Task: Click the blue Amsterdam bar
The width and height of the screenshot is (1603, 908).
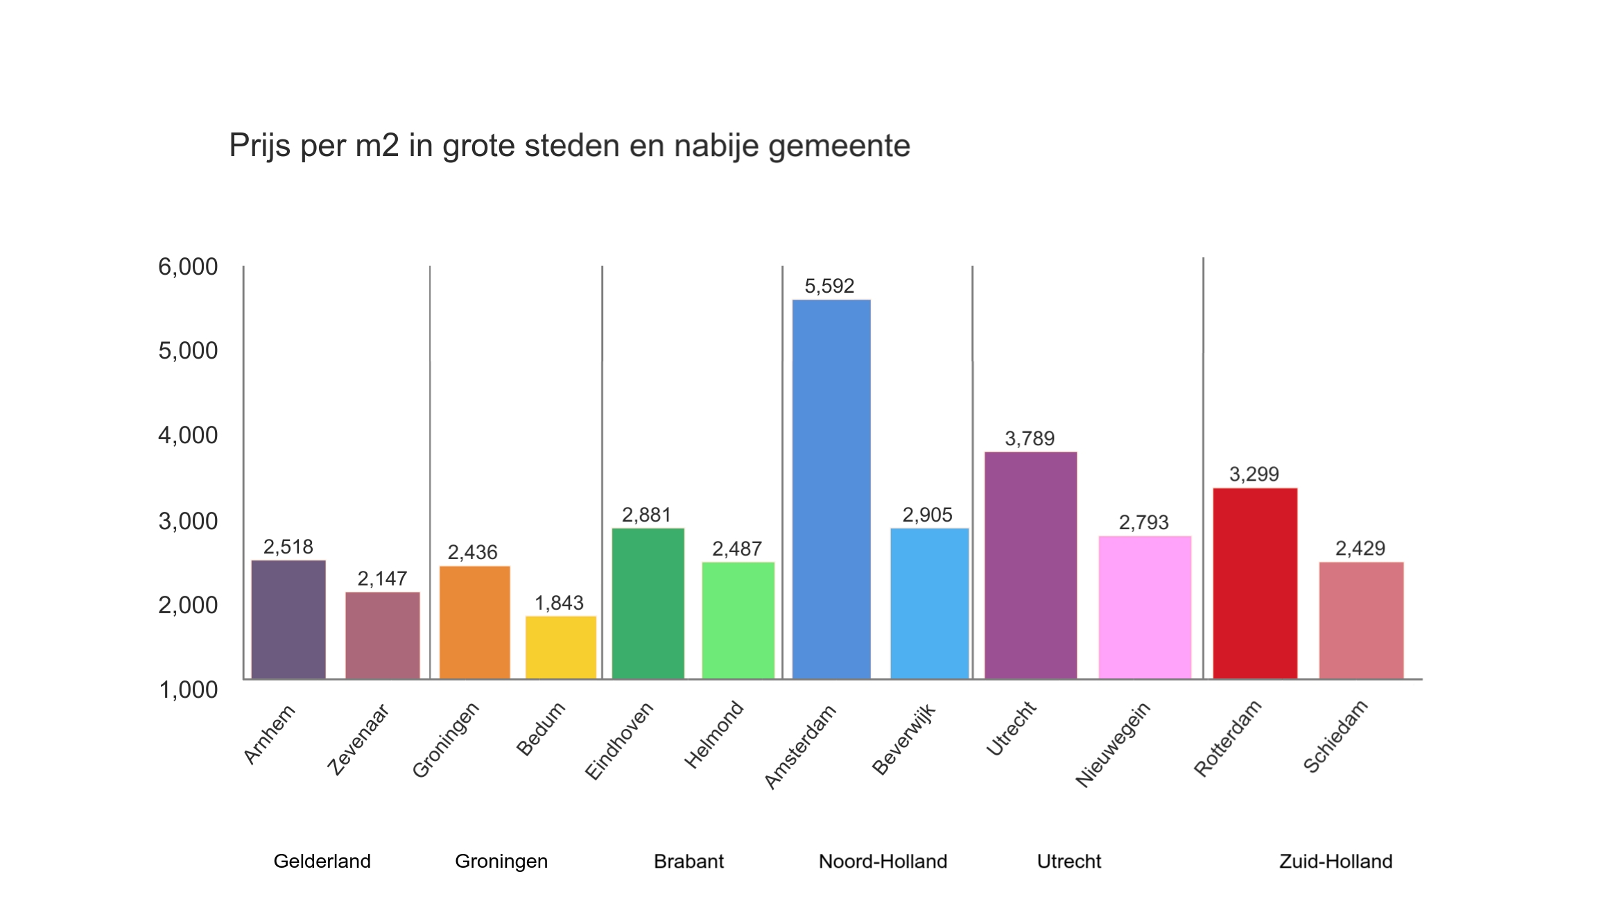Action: tap(831, 489)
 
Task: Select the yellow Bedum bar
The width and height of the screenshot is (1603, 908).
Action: tap(560, 647)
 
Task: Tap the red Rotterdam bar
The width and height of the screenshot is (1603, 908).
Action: tap(1254, 583)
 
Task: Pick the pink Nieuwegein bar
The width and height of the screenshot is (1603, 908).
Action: tap(1145, 607)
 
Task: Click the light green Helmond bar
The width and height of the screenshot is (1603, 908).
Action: tap(738, 620)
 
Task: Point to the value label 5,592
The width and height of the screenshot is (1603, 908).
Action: tap(829, 286)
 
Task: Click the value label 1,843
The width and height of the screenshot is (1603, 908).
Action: tap(559, 603)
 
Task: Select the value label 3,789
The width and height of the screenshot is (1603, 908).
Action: tap(1030, 438)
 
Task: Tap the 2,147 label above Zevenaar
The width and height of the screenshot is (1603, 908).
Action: tap(382, 579)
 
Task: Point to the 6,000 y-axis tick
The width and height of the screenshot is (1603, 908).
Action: tap(188, 266)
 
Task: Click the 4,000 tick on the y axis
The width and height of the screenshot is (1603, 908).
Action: tap(188, 436)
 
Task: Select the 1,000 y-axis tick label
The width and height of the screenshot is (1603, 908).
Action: tap(189, 689)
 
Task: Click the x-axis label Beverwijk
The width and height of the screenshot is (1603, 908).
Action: tap(904, 739)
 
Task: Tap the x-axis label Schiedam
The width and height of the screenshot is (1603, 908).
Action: tap(1335, 737)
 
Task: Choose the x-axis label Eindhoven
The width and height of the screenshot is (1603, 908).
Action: tap(619, 741)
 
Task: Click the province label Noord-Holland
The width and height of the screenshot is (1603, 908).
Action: tap(883, 862)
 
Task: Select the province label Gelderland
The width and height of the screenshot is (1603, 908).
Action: tap(322, 862)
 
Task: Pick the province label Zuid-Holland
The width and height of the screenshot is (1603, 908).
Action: tap(1335, 862)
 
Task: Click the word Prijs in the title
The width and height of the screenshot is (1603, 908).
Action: tap(260, 146)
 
